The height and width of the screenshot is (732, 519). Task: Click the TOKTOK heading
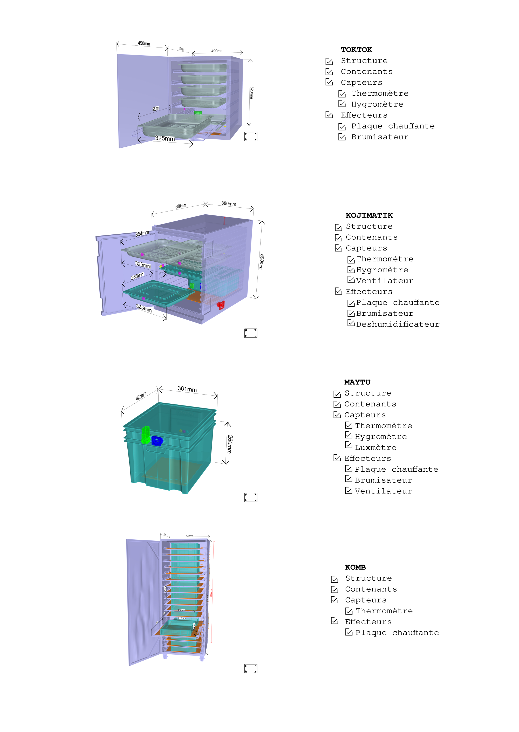[356, 50]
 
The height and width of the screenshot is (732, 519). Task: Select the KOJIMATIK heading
[369, 215]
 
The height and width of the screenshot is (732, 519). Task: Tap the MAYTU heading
[357, 382]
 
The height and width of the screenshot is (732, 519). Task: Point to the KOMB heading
[355, 567]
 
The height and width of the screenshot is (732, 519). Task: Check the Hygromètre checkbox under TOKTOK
[342, 104]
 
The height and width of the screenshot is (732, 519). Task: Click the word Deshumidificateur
[398, 324]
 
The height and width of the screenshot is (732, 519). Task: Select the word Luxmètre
[375, 448]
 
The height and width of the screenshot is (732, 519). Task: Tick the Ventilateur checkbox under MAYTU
[348, 491]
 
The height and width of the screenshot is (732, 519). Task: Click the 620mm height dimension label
[252, 93]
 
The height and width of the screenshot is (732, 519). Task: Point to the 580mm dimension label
[181, 206]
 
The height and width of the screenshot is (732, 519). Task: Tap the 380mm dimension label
[229, 204]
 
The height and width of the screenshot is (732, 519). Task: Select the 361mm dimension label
[187, 389]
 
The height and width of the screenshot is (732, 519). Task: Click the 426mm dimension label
[141, 396]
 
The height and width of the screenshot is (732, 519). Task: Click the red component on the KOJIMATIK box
[221, 305]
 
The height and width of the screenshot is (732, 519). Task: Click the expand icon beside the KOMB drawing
[251, 669]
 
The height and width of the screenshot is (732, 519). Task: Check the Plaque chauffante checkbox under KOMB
[349, 633]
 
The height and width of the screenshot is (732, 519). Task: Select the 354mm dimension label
[142, 234]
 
